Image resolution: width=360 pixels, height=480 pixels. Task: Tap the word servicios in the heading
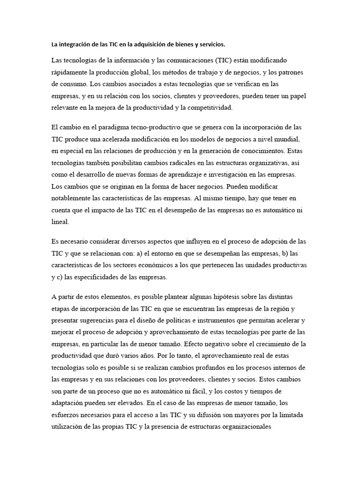210,45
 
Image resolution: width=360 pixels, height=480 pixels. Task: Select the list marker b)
294,254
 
